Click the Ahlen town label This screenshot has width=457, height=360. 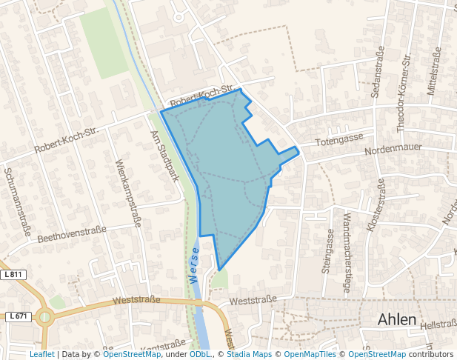pyautogui.click(x=396, y=319)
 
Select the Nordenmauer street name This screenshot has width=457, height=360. pyautogui.click(x=393, y=150)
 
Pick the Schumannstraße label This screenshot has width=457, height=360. pyautogui.click(x=18, y=200)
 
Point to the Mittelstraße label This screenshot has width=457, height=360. pyautogui.click(x=433, y=72)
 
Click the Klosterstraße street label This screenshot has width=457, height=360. pyautogui.click(x=375, y=205)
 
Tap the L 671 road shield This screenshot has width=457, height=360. pyautogui.click(x=19, y=316)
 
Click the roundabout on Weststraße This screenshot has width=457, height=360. pyautogui.click(x=45, y=318)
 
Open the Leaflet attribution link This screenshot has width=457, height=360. pyautogui.click(x=42, y=354)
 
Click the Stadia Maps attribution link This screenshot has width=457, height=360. pyautogui.click(x=249, y=354)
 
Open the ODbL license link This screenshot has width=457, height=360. pyautogui.click(x=199, y=354)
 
